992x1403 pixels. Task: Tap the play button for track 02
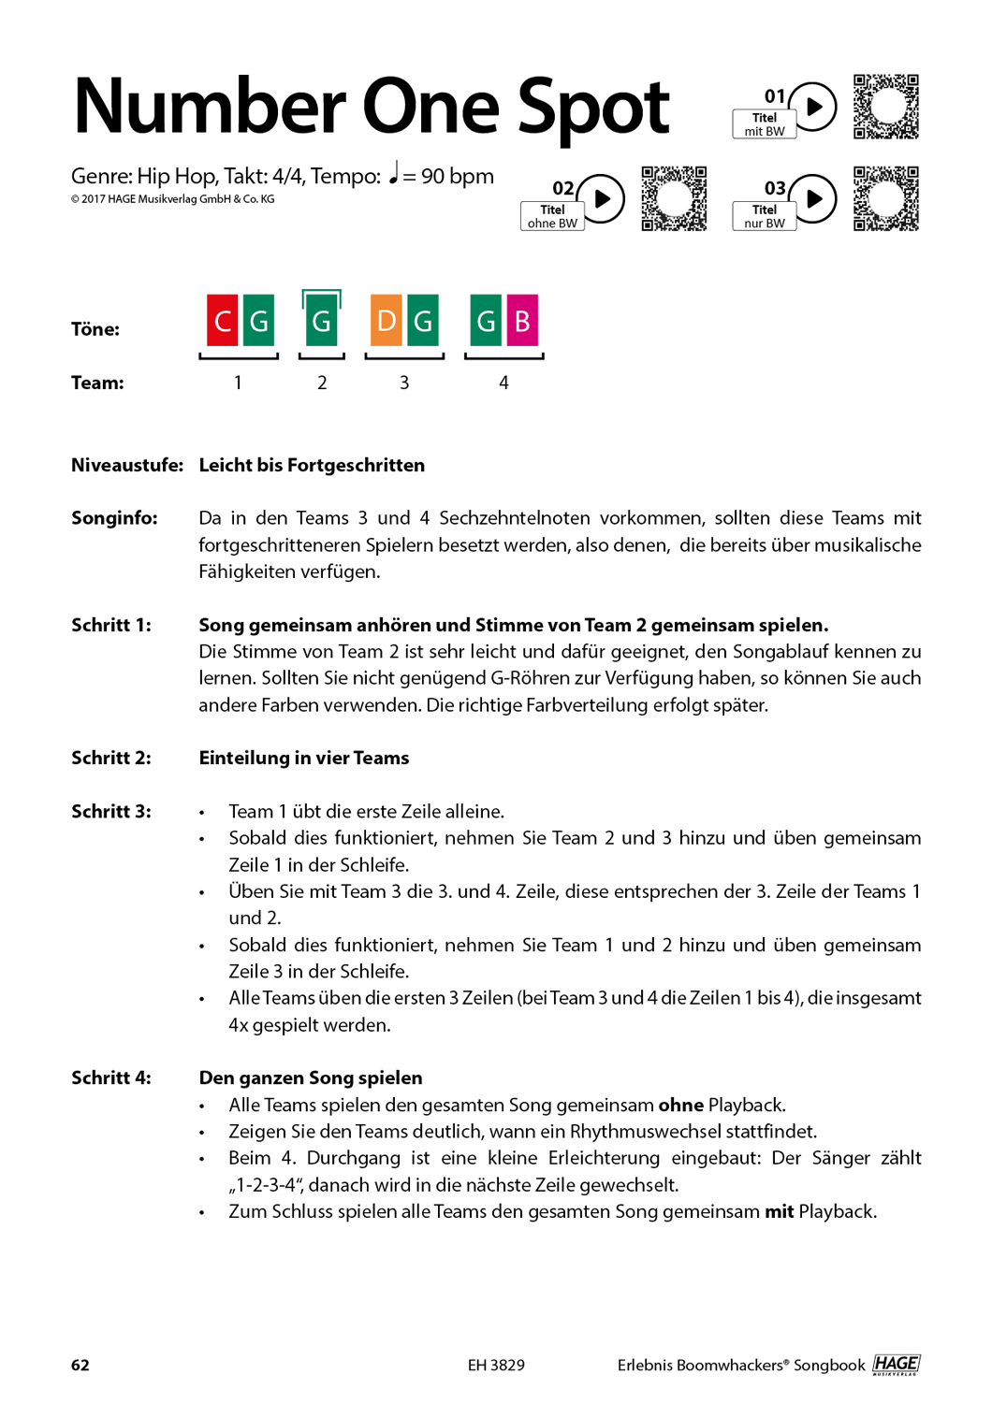pos(602,198)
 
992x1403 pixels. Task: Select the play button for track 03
pos(813,198)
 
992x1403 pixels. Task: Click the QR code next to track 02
pos(674,198)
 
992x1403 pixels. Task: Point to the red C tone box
pos(223,321)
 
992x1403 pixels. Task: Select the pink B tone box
pos(522,321)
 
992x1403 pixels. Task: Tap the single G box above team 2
pos(321,321)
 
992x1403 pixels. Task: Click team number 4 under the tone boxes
pos(503,383)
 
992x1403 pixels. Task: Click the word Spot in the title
pos(593,107)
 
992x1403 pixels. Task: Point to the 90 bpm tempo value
pos(458,176)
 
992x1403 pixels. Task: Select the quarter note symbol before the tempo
pos(393,173)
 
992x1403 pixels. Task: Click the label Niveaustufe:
pos(127,465)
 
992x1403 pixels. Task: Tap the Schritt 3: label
pos(111,811)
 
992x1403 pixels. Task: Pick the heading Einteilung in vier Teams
pos(304,758)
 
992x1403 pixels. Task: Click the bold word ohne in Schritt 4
pos(680,1105)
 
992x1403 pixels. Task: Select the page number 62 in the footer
pos(80,1365)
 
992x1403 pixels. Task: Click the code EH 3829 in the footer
pos(496,1365)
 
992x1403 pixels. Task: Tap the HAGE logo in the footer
pos(896,1365)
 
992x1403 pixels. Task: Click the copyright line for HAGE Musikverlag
pos(173,199)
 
